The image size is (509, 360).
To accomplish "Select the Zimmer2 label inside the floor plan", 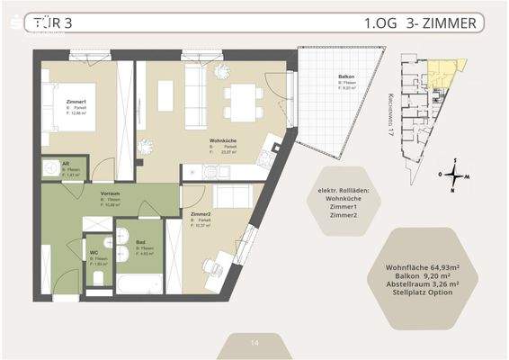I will tap(201, 214).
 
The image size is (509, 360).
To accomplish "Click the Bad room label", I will tap(141, 242).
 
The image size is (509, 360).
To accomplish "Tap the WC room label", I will tap(94, 253).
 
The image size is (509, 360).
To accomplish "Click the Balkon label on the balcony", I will tap(344, 78).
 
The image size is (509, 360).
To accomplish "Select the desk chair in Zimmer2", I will tap(210, 267).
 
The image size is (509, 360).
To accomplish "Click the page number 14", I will tap(254, 343).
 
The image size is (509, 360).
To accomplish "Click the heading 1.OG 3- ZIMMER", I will tap(420, 23).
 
